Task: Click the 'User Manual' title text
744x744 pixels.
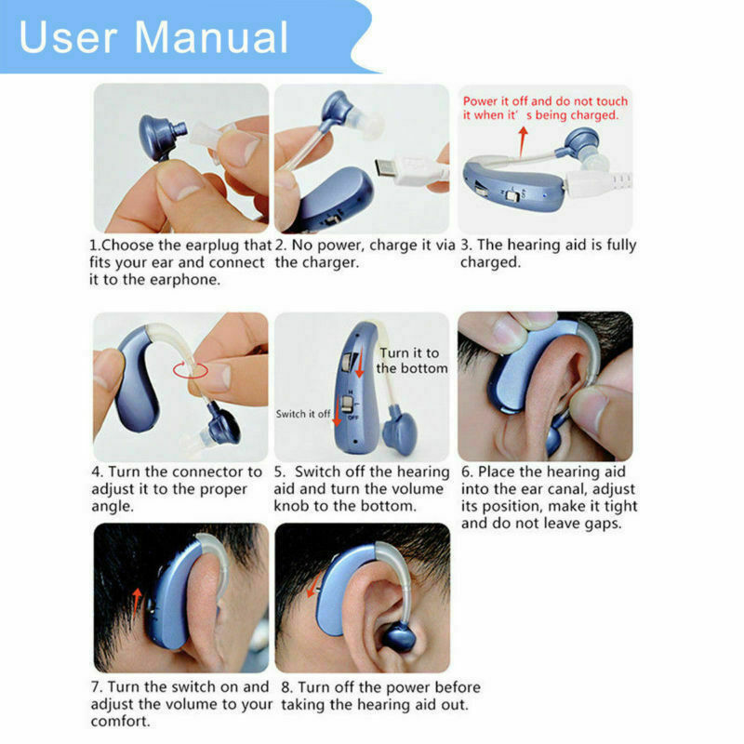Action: (x=153, y=37)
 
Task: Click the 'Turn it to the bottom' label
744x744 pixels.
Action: (x=411, y=360)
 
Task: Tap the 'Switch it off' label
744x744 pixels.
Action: (x=302, y=414)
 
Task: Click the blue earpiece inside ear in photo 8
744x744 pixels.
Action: (x=401, y=636)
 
